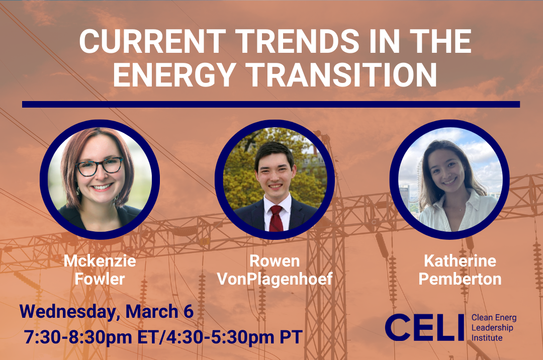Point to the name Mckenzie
(100, 261)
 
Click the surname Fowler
(100, 279)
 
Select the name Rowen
(275, 261)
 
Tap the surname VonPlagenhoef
(275, 279)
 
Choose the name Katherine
(460, 261)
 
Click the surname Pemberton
(460, 279)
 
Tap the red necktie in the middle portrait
(276, 217)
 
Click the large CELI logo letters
(425, 327)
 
